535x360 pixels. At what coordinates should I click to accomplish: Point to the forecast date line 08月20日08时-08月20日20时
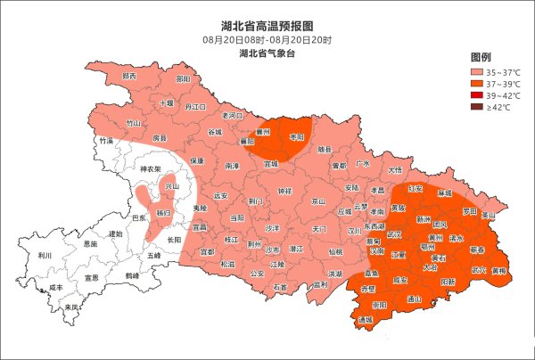(x=267, y=40)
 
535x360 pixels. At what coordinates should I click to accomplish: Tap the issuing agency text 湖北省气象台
(x=267, y=54)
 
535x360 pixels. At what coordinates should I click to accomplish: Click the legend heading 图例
(x=481, y=57)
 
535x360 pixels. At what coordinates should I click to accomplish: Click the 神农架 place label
(x=147, y=168)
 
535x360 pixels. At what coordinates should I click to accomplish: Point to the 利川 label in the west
(x=45, y=255)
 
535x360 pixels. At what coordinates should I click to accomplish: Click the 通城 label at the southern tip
(x=366, y=319)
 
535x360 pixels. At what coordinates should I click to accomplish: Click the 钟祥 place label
(x=284, y=192)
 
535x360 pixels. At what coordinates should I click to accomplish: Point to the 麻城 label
(x=444, y=192)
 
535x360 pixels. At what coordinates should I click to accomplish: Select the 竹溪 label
(x=107, y=141)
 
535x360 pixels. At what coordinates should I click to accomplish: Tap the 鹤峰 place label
(x=132, y=275)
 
